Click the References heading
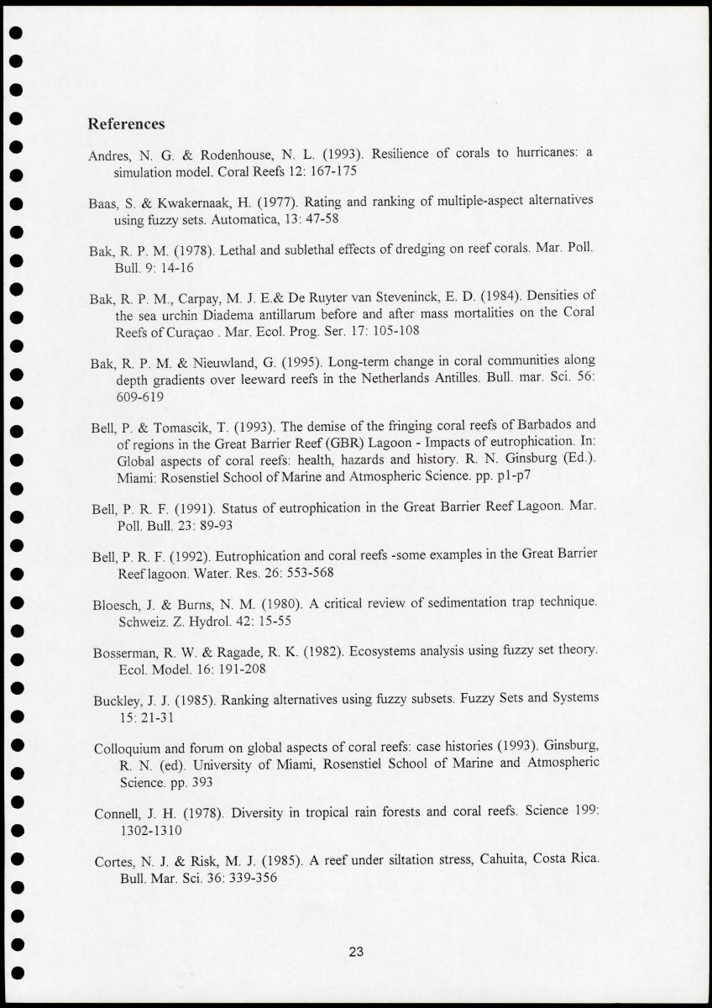coord(126,124)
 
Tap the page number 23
coord(356,952)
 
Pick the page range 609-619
coord(140,396)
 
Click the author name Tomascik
coord(173,426)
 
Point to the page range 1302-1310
coord(151,830)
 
